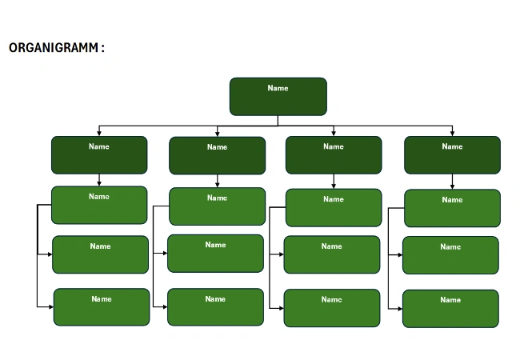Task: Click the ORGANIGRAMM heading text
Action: [55, 48]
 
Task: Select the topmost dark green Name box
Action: [278, 97]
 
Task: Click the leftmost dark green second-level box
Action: [99, 155]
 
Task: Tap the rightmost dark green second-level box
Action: [452, 155]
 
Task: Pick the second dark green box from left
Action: [217, 155]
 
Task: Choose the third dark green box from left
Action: [334, 155]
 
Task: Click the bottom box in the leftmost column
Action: [102, 307]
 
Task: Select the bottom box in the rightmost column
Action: [450, 309]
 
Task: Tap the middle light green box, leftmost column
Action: [101, 254]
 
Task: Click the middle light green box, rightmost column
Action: [450, 255]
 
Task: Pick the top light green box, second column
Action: [217, 206]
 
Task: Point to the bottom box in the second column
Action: [215, 307]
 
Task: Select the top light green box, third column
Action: [334, 208]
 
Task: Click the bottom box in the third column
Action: [332, 308]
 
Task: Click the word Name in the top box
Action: [278, 88]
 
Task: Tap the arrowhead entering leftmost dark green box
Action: [99, 133]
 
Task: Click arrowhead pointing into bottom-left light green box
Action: [50, 306]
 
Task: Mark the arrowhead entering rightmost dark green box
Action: [452, 133]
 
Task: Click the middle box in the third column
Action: [332, 255]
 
